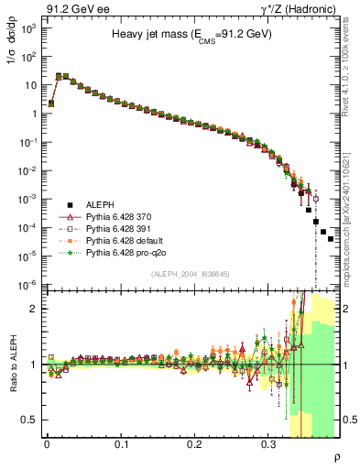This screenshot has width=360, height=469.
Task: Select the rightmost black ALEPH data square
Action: coord(331,238)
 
